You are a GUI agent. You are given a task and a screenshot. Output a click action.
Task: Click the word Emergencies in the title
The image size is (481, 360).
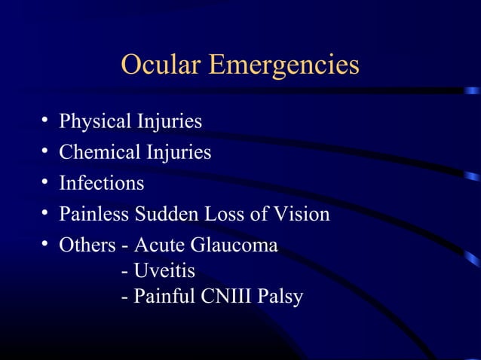pyautogui.click(x=284, y=67)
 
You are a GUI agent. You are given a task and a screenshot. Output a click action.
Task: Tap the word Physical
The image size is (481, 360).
pyautogui.click(x=95, y=122)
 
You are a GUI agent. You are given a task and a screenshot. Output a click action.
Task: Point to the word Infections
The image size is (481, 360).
pyautogui.click(x=102, y=183)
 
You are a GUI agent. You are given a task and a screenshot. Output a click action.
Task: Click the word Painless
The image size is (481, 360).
pyautogui.click(x=94, y=215)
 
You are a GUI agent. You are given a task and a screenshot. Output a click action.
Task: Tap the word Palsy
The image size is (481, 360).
pyautogui.click(x=280, y=297)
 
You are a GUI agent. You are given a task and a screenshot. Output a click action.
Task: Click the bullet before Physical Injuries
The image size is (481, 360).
pyautogui.click(x=47, y=121)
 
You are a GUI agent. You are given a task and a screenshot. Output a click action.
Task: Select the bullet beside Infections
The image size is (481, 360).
pyautogui.click(x=47, y=183)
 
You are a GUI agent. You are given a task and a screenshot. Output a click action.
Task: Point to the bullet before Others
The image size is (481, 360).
pyautogui.click(x=47, y=246)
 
